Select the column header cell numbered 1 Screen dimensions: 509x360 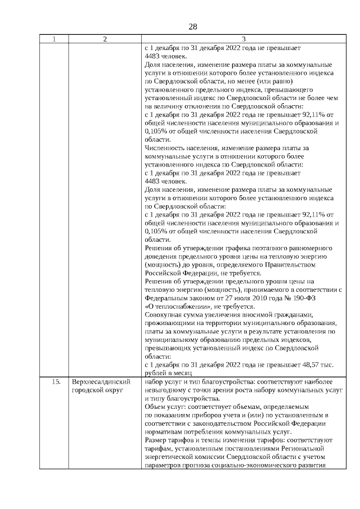54,39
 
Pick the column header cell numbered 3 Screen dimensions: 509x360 243,39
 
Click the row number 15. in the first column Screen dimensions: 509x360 56,381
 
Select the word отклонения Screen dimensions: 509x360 197,106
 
